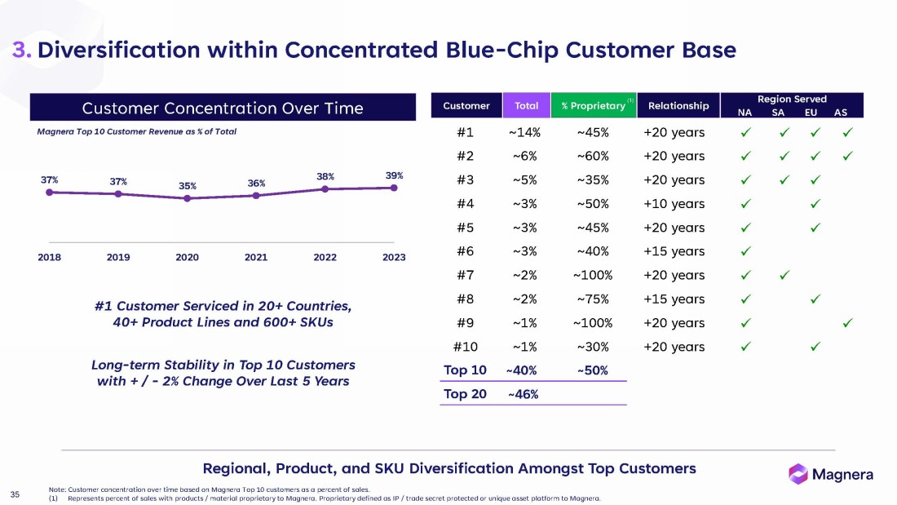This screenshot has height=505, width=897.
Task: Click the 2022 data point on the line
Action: (325, 188)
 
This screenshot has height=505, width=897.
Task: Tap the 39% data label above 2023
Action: (394, 175)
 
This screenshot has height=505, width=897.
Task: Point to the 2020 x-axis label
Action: (188, 257)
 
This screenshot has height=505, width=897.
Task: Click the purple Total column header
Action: (526, 106)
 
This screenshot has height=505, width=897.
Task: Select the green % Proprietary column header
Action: (592, 106)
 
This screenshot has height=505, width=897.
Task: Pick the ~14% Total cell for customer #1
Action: (526, 132)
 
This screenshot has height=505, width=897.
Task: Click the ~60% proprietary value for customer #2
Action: (593, 156)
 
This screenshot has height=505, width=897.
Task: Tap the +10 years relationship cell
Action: (674, 203)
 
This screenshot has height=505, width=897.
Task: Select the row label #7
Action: (465, 275)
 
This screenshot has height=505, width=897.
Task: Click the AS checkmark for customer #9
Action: (848, 322)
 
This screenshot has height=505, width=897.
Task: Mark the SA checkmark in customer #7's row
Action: (784, 275)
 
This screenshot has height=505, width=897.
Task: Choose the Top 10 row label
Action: (465, 370)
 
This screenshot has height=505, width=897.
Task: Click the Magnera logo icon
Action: (798, 473)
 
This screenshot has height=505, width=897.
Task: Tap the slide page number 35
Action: (15, 493)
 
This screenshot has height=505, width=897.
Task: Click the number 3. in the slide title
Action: (22, 50)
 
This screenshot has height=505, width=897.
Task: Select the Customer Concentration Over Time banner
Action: (223, 108)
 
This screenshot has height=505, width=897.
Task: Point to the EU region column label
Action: (811, 113)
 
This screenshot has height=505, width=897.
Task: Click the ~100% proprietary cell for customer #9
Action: (593, 322)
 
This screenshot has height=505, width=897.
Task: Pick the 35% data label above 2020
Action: (188, 185)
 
